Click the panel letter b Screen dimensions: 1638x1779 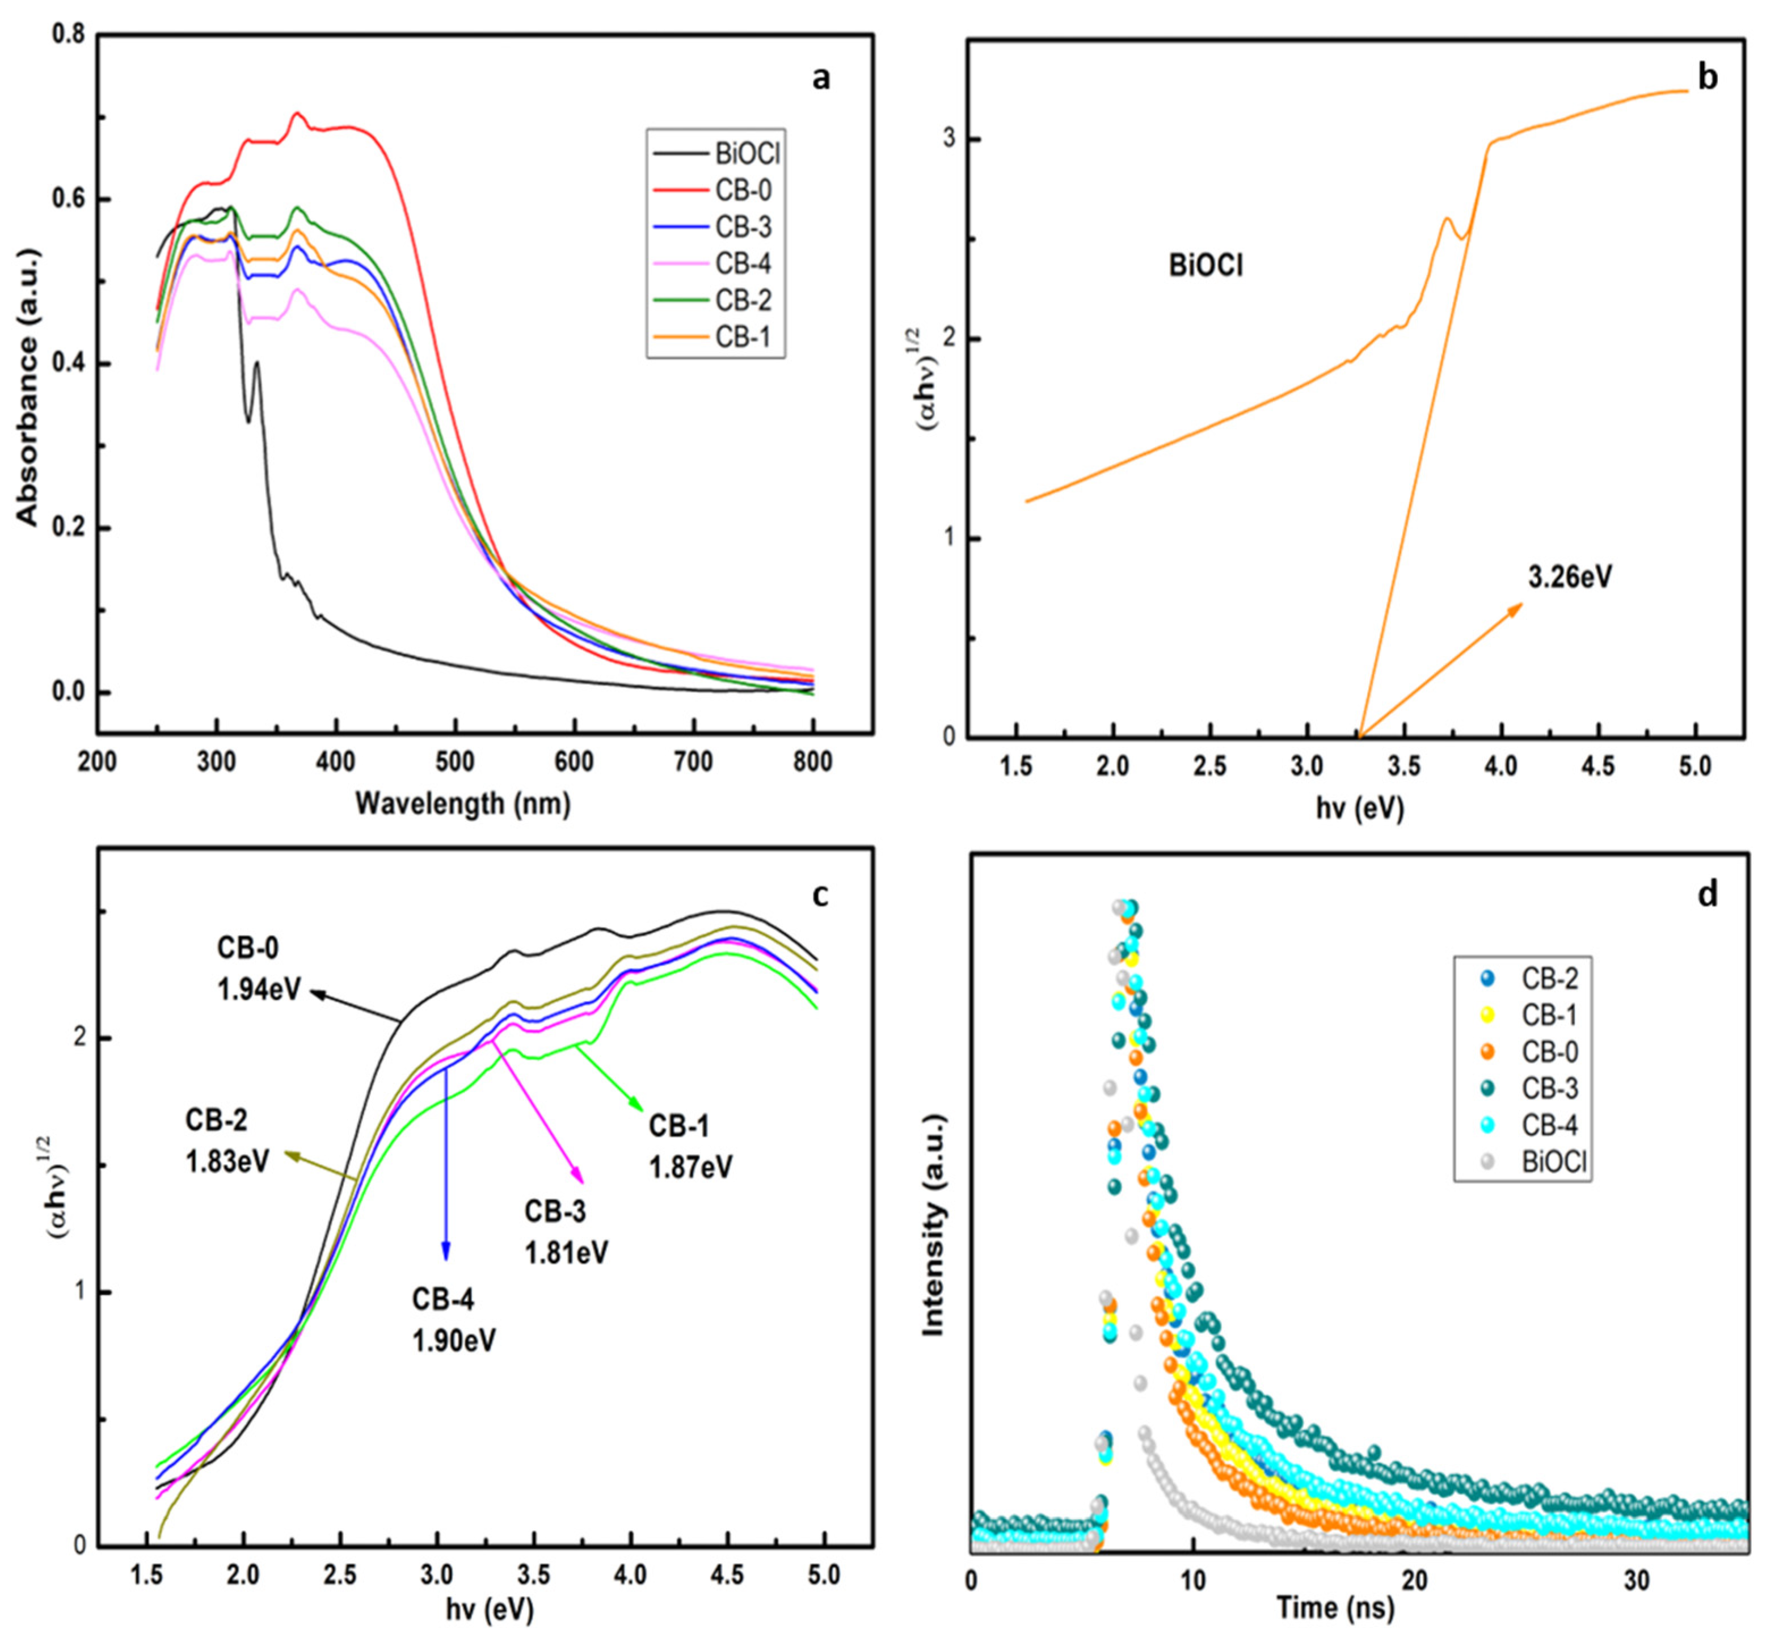[1707, 78]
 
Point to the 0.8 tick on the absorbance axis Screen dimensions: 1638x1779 [69, 35]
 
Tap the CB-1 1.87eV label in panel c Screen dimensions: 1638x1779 [690, 1147]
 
